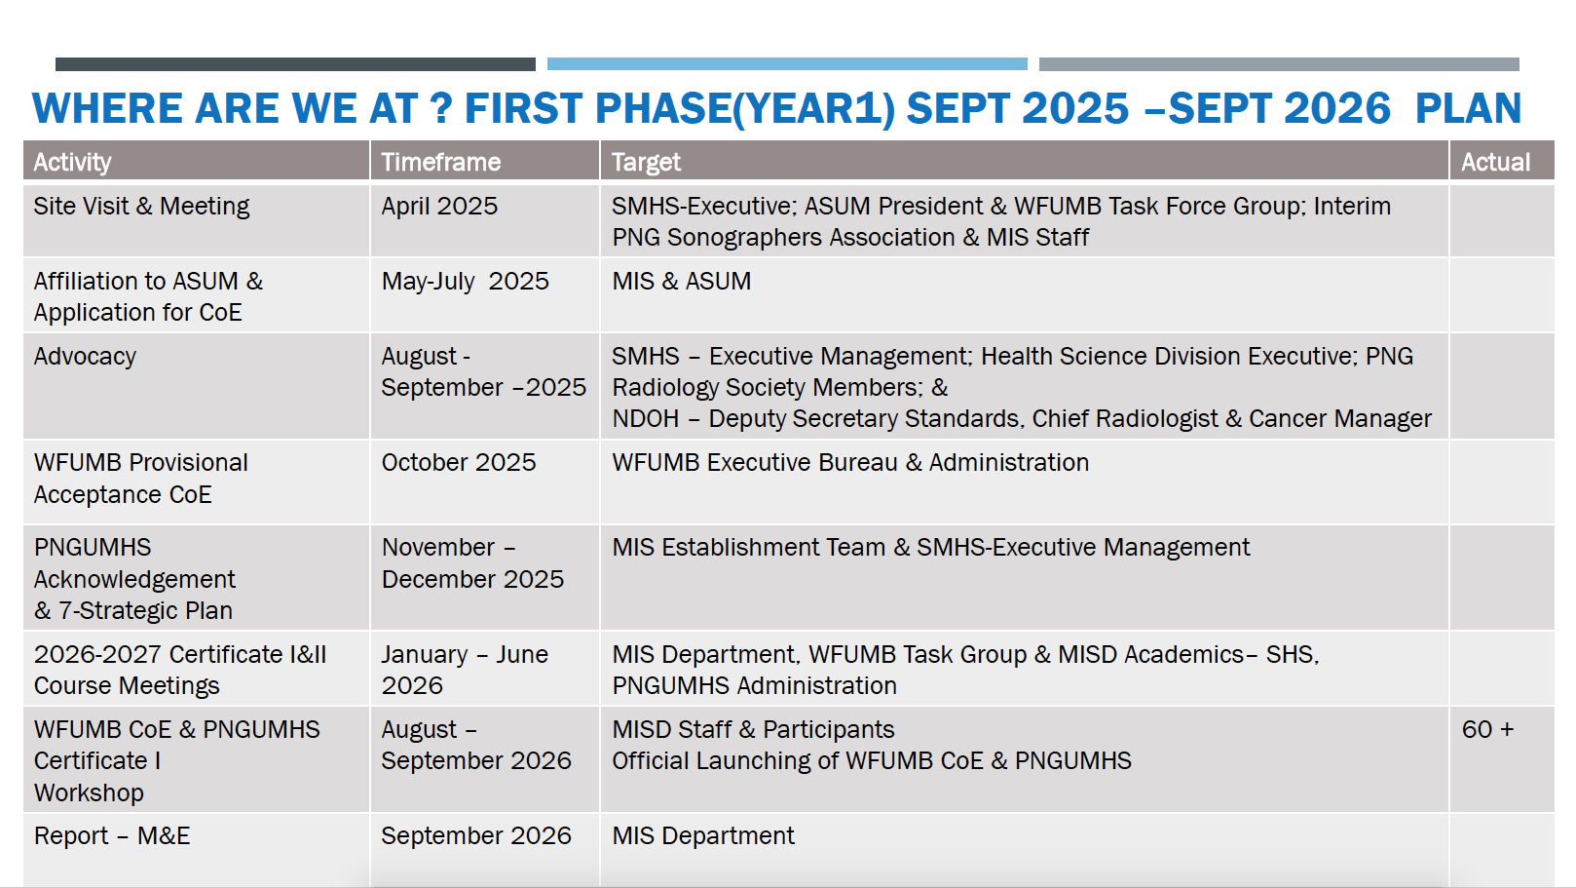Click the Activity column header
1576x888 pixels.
pyautogui.click(x=72, y=162)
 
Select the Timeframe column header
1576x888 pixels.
pyautogui.click(x=441, y=162)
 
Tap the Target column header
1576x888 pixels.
pyautogui.click(x=646, y=163)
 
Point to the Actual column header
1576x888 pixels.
pyautogui.click(x=1495, y=162)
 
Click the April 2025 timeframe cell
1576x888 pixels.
pyautogui.click(x=439, y=206)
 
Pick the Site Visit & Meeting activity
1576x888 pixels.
pyautogui.click(x=141, y=206)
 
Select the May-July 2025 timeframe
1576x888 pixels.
pyautogui.click(x=465, y=281)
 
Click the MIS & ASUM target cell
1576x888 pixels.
pyautogui.click(x=681, y=281)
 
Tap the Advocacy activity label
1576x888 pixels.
pyautogui.click(x=85, y=357)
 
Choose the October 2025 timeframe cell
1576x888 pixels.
pyautogui.click(x=459, y=463)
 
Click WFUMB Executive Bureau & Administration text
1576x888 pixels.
pyautogui.click(x=850, y=463)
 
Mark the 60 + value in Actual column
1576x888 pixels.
pyautogui.click(x=1487, y=729)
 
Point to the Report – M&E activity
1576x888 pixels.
pyautogui.click(x=112, y=836)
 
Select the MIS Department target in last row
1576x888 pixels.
pyautogui.click(x=703, y=836)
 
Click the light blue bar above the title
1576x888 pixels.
pyautogui.click(x=787, y=64)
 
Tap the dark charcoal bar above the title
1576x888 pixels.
pyautogui.click(x=295, y=64)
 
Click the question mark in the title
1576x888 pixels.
pyautogui.click(x=440, y=108)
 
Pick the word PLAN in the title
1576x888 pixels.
pyautogui.click(x=1468, y=108)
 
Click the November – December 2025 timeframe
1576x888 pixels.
pyautogui.click(x=472, y=562)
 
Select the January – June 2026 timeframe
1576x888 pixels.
pyautogui.click(x=465, y=670)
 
